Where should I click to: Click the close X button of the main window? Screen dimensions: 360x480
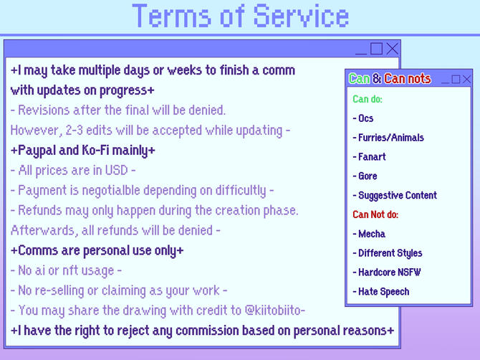point(392,49)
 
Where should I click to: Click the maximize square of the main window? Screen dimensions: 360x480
point(377,49)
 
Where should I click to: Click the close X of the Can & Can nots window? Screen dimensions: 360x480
point(467,79)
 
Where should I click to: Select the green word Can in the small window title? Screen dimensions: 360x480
point(359,79)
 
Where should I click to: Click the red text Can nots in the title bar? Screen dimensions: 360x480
point(408,79)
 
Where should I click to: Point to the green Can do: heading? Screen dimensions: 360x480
point(368,99)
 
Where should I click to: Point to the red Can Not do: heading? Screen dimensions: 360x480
point(375,214)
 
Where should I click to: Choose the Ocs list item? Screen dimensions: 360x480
point(363,118)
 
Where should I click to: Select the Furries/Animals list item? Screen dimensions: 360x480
point(388,138)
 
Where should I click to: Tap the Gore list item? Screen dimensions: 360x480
point(365,176)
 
